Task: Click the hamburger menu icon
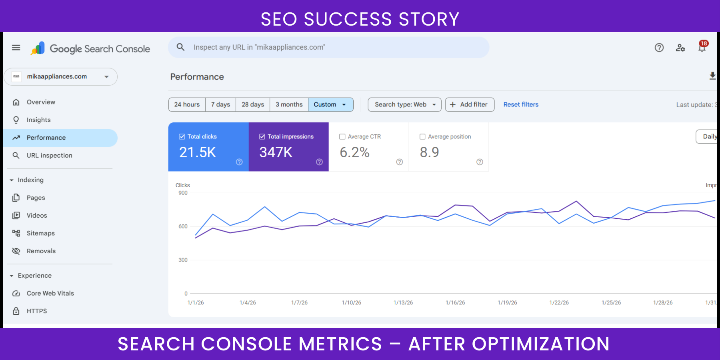pos(16,48)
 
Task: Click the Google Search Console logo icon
pos(38,48)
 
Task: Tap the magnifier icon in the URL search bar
pos(180,47)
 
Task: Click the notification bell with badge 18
pos(702,47)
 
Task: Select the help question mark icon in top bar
pos(659,48)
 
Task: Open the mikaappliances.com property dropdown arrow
pos(106,77)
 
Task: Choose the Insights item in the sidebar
pos(38,120)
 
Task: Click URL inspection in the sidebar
pos(49,155)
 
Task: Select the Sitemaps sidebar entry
pos(40,233)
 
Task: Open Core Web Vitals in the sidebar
pos(50,293)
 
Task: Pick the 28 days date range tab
pos(253,104)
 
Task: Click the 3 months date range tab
pos(289,104)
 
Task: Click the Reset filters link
pos(521,104)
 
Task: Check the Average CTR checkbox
pos(342,137)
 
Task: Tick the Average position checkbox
pos(422,137)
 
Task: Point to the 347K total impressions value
pos(276,152)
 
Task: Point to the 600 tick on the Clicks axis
pos(183,226)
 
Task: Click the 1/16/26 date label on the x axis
pos(455,303)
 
